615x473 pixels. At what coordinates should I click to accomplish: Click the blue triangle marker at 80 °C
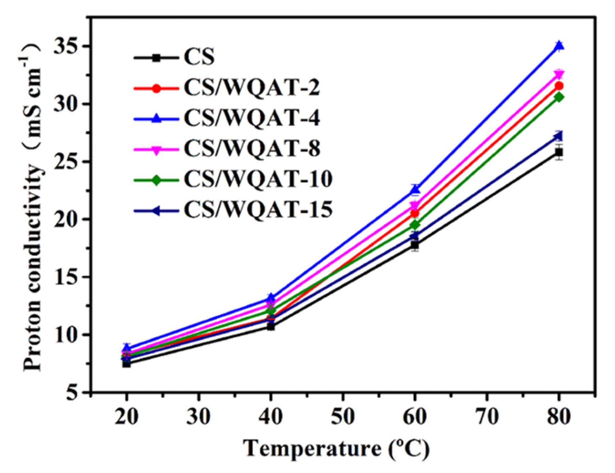(x=559, y=46)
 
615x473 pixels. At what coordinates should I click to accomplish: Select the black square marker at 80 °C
(x=559, y=152)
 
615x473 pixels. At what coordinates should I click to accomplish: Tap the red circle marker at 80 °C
(x=559, y=86)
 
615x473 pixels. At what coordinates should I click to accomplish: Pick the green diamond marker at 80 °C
(x=559, y=98)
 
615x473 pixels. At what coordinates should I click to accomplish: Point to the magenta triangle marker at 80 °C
(x=559, y=74)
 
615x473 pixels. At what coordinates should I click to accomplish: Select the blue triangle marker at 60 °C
(x=415, y=189)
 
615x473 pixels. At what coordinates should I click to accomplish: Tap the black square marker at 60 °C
(x=415, y=245)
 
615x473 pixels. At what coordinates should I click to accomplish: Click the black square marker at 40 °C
(x=271, y=327)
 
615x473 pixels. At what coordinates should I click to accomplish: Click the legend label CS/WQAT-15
(x=258, y=210)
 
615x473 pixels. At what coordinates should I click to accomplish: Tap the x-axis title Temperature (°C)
(x=336, y=448)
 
